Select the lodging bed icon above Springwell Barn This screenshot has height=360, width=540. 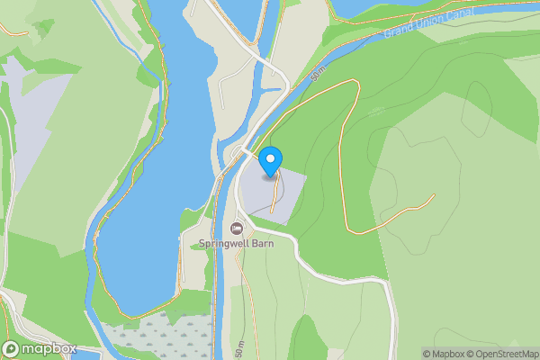pyautogui.click(x=237, y=227)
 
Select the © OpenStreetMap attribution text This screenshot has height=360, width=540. pyautogui.click(x=505, y=354)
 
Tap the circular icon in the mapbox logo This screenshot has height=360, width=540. pyautogui.click(x=12, y=349)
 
